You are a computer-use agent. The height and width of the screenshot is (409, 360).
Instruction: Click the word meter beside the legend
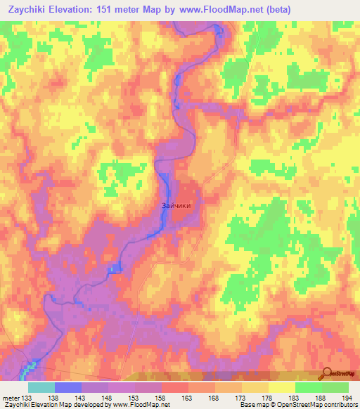[x=11, y=397]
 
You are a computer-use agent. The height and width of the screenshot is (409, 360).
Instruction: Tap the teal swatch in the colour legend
[x=41, y=387]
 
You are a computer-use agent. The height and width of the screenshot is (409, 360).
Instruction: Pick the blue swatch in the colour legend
[x=68, y=387]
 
